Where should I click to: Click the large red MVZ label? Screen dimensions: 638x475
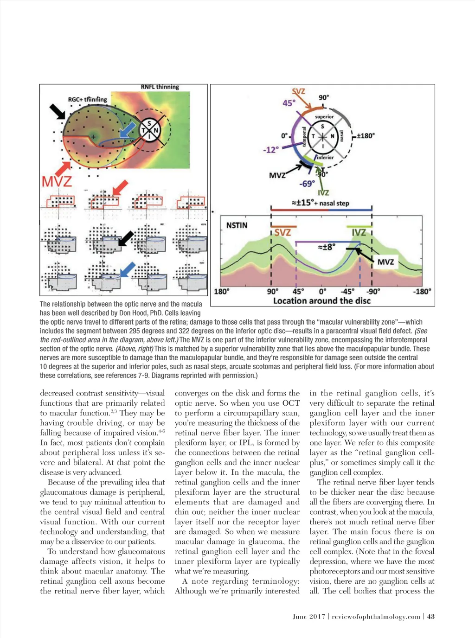pos(57,180)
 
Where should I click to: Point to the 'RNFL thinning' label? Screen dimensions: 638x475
pos(160,87)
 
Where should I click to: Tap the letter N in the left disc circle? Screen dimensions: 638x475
pos(156,130)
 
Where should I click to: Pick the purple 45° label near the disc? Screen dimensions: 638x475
pos(289,102)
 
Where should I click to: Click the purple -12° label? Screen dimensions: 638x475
pos(270,150)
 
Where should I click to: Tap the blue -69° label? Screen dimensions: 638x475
pos(307,184)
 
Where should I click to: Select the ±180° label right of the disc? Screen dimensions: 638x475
pos(365,135)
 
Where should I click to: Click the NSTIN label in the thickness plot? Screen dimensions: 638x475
pos(237,225)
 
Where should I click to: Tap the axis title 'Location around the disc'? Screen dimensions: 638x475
pos(321,300)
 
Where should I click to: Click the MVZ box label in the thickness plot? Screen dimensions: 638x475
pos(385,262)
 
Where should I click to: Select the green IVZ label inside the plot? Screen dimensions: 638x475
pos(359,232)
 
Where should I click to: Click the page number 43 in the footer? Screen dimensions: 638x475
pos(431,616)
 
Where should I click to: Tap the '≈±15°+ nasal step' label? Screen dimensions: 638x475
pos(320,203)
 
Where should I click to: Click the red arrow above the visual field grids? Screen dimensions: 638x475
pos(120,188)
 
